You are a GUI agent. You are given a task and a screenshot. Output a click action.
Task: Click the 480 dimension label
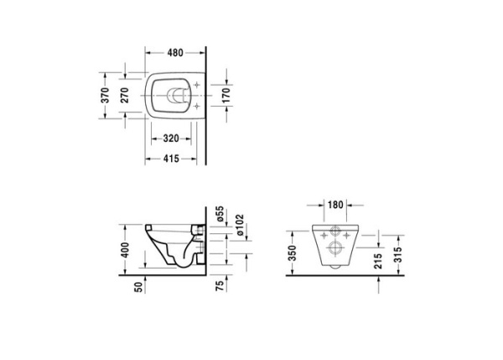(174, 52)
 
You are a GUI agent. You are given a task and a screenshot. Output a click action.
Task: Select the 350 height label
(292, 254)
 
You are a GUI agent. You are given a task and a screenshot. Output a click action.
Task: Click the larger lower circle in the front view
(334, 248)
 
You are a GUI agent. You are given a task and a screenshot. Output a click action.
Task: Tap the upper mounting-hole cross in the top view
(195, 85)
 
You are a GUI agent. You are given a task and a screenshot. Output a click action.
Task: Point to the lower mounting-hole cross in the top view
(195, 107)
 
